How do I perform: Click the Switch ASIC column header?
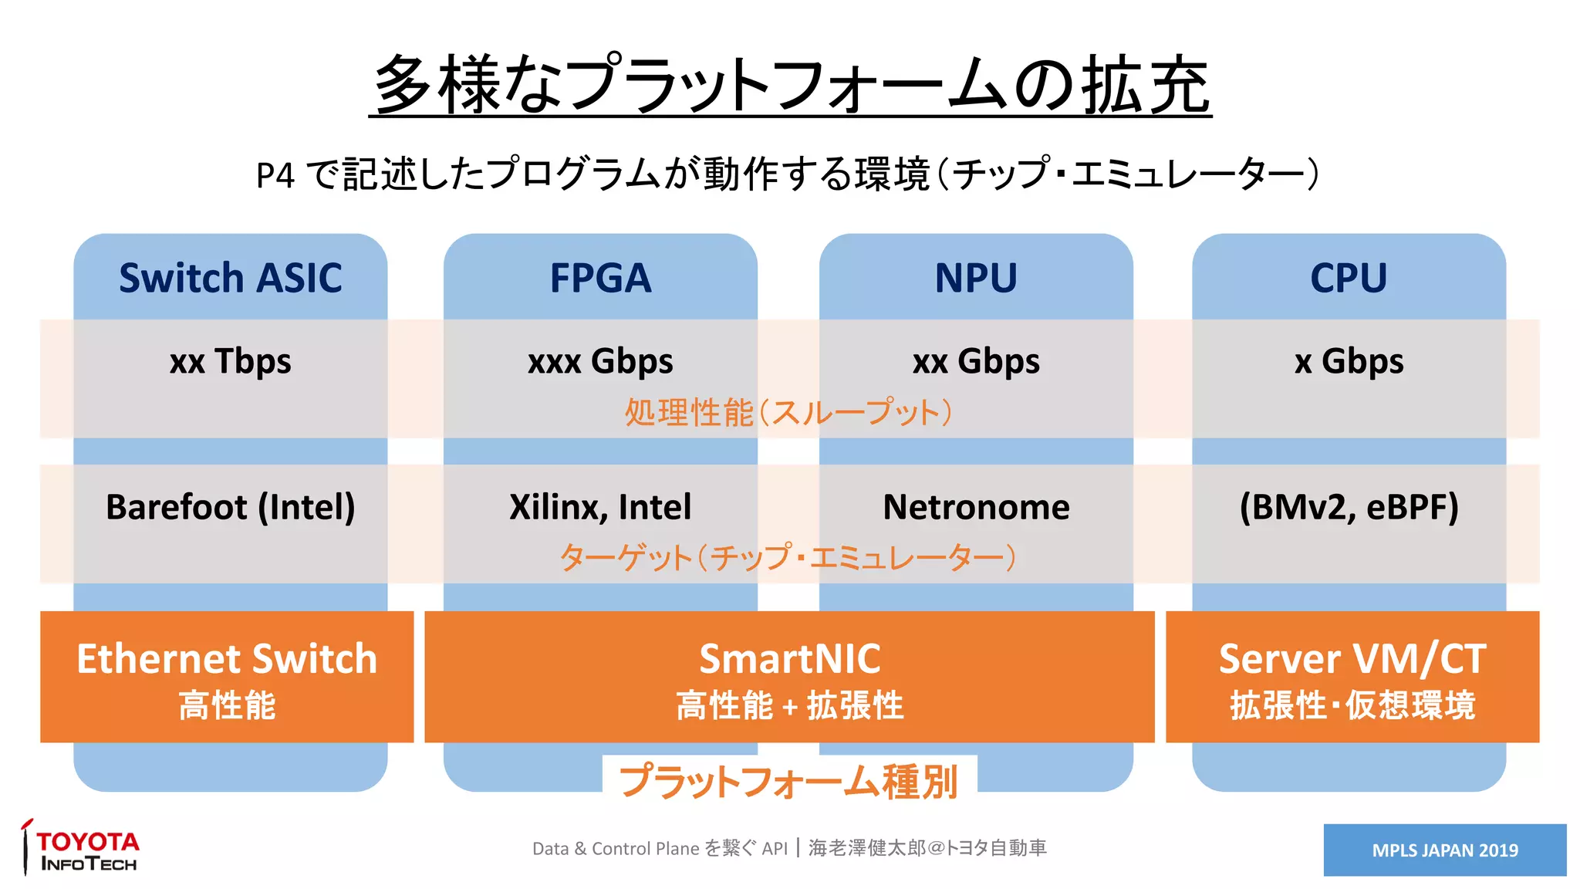point(230,278)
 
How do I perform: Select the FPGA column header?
point(600,278)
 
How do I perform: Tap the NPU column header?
point(976,278)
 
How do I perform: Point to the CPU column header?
point(1349,278)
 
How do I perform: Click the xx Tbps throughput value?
point(230,361)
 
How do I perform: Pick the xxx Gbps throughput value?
point(600,361)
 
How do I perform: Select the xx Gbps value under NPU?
point(976,361)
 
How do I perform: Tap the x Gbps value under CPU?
point(1349,361)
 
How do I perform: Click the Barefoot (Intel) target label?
point(230,507)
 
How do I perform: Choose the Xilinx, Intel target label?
point(600,507)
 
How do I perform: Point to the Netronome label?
point(976,507)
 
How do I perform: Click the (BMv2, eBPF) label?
point(1349,507)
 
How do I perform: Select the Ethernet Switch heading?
point(227,659)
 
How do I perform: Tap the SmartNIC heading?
point(789,659)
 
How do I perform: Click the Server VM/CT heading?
point(1352,659)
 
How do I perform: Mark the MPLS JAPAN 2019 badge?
point(1444,850)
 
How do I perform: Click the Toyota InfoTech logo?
point(82,849)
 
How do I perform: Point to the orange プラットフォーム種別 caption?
point(788,781)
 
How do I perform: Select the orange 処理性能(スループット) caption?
point(788,413)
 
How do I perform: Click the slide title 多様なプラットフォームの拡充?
point(790,85)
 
